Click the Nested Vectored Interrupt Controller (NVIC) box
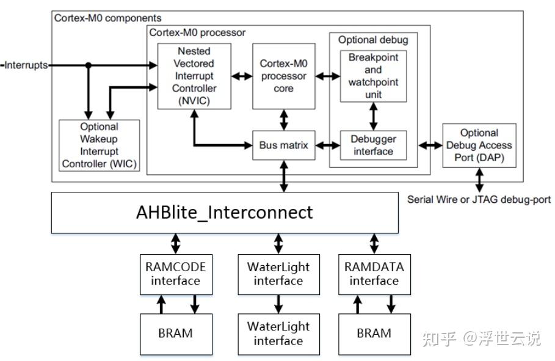point(194,76)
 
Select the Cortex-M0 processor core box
point(284,76)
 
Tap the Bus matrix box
point(284,145)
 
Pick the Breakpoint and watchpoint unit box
point(374,76)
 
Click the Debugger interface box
point(374,145)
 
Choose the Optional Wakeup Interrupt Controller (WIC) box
point(99,145)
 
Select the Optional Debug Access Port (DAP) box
point(479,145)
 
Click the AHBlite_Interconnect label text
point(225,213)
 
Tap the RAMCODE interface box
point(176,274)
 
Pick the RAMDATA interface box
point(374,274)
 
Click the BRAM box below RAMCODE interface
point(176,334)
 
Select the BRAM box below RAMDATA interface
point(374,334)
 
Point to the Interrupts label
point(26,65)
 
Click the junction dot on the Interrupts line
point(89,65)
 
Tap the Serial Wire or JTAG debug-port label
point(479,200)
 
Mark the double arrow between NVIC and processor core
point(242,76)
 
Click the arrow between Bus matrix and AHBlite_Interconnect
point(284,176)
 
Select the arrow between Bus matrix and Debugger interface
point(328,145)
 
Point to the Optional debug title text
point(373,40)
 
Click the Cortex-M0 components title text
point(107,18)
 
